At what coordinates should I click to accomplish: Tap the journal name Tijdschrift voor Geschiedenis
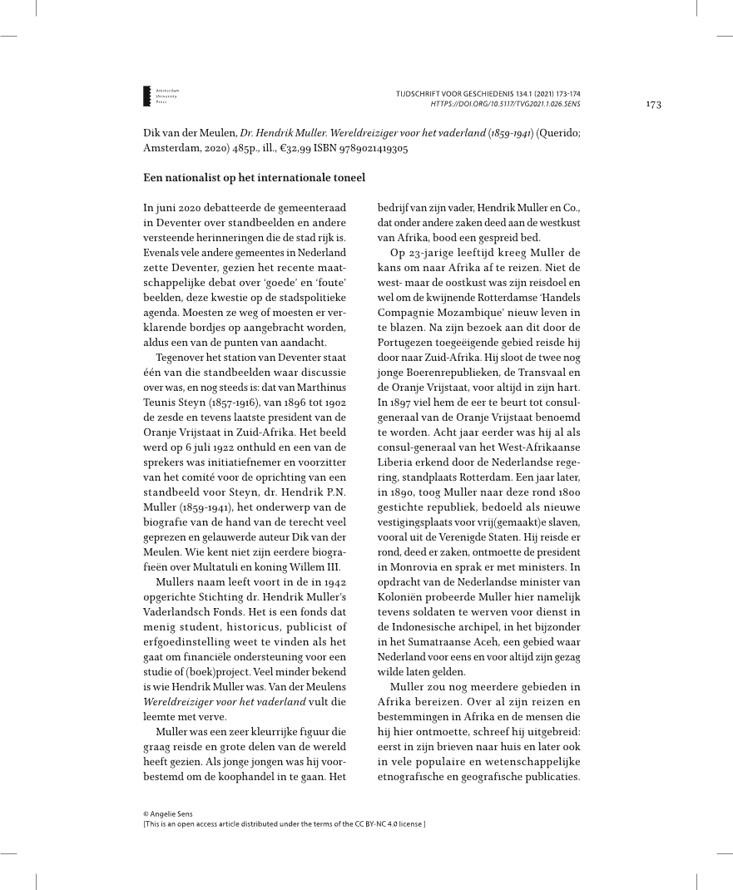click(472, 94)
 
